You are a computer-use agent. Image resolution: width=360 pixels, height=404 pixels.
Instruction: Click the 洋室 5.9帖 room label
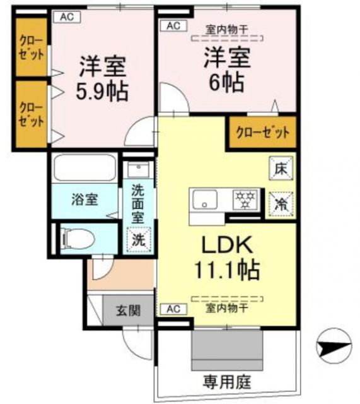click(103, 80)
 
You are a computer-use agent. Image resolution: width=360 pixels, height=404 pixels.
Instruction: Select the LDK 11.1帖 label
click(226, 256)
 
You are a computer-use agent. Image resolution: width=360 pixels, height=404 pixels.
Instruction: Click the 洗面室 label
click(138, 202)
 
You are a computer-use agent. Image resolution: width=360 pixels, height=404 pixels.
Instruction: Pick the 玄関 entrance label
click(127, 311)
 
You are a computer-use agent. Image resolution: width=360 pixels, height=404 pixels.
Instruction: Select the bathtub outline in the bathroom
click(83, 169)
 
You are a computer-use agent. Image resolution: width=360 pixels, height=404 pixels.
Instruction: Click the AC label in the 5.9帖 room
click(66, 17)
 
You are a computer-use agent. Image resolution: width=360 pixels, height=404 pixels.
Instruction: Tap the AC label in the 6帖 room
click(173, 26)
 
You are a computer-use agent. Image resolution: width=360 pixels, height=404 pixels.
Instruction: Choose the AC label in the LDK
click(173, 309)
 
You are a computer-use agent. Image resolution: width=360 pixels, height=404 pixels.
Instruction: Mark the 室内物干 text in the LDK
click(226, 309)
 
